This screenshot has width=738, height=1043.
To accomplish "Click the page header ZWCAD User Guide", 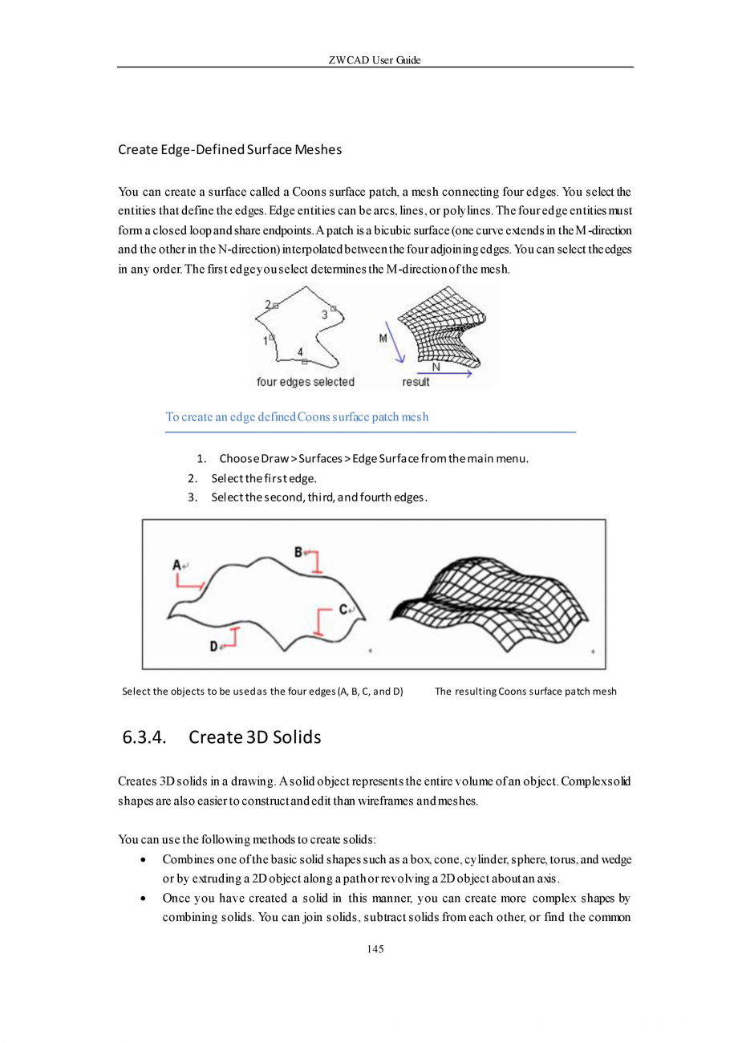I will coord(375,61).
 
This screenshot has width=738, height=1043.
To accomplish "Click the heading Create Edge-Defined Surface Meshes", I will coord(229,149).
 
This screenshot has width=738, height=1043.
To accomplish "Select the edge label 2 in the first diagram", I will coord(267,304).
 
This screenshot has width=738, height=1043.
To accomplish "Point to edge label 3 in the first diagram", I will coord(324,315).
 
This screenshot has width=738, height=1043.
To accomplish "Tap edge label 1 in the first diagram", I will coord(265,341).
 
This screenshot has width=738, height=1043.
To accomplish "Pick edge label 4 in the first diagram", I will coord(300,351).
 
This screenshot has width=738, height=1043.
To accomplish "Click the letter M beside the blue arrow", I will coord(383,339).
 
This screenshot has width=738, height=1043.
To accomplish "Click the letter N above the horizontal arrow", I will coord(436,367).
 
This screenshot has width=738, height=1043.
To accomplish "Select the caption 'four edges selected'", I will coord(305,382).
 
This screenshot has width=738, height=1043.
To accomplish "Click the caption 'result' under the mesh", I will coord(416,382).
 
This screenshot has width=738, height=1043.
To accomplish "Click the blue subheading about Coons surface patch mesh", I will coord(297,417).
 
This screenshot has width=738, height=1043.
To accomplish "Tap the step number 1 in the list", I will coord(201,459).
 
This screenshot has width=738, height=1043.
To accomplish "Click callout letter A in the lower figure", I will coord(176,565).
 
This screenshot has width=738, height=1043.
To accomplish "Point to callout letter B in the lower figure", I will coord(298,552).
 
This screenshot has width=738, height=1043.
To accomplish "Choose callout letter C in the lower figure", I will coord(343,610).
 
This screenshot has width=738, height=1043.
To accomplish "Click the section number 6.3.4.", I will coord(144,737).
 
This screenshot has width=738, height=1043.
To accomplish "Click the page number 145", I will coord(375,949).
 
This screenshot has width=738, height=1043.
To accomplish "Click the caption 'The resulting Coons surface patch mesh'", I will coord(525,691).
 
